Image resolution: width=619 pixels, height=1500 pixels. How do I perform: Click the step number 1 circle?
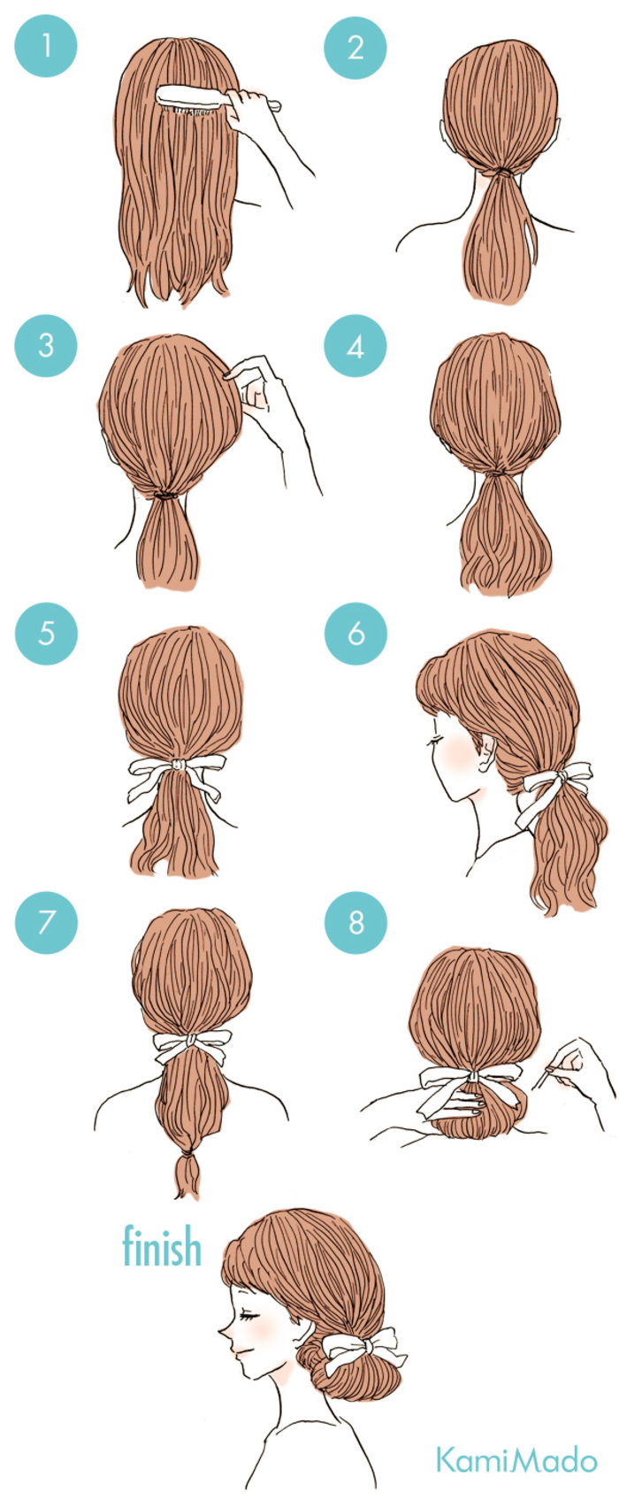(x=45, y=46)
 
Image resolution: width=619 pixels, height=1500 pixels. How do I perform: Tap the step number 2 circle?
(x=355, y=47)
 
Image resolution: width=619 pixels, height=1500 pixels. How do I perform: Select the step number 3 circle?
(x=45, y=345)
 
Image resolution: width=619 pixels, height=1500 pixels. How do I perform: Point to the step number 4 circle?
(x=355, y=346)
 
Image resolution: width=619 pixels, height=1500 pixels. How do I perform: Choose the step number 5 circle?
(x=45, y=634)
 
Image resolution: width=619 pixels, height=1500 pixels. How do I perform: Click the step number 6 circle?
(x=355, y=634)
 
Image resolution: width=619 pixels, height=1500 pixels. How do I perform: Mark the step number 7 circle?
(x=45, y=922)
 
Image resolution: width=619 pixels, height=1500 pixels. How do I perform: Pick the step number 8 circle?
(x=355, y=922)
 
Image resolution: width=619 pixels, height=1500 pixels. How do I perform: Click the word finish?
(x=161, y=1245)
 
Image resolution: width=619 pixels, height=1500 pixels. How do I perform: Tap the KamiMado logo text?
(x=516, y=1460)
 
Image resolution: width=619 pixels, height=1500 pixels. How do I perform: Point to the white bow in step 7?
(x=192, y=1047)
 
